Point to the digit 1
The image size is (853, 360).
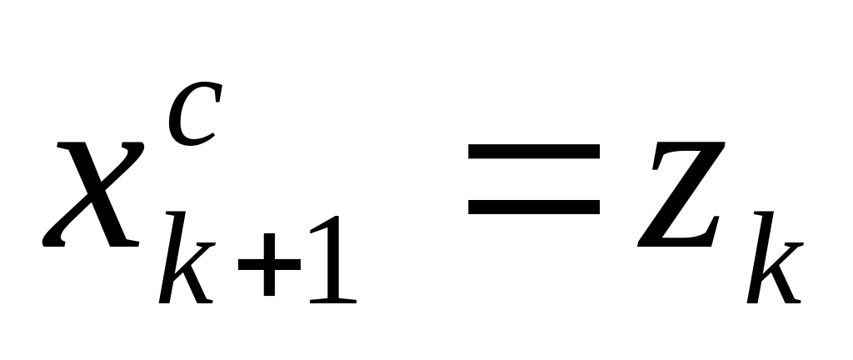332,260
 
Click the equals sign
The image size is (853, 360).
533,178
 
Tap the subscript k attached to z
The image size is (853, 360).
775,263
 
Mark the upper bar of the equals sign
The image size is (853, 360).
533,152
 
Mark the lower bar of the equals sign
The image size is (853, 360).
533,204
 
